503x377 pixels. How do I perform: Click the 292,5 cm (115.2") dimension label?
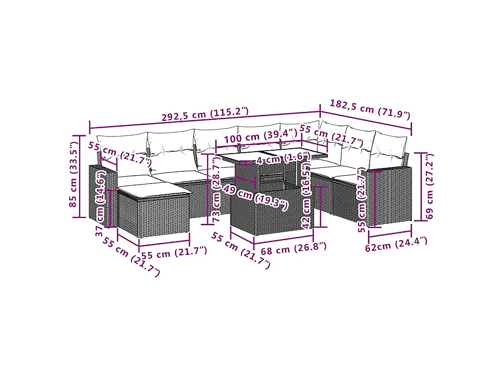205,114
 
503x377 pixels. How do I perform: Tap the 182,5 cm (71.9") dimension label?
370,109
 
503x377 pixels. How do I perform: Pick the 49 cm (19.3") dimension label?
255,198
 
